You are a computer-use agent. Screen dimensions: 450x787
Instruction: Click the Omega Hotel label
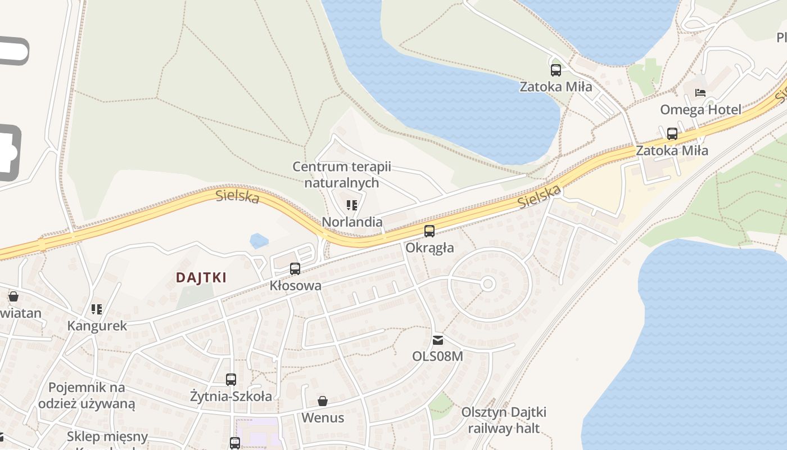pyautogui.click(x=700, y=109)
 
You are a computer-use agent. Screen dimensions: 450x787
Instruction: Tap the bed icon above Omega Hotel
pyautogui.click(x=700, y=92)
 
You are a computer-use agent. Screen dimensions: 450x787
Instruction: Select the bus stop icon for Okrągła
pyautogui.click(x=429, y=231)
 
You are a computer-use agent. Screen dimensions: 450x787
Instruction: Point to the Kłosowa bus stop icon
pyautogui.click(x=295, y=269)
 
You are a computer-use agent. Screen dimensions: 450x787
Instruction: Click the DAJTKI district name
pyautogui.click(x=201, y=277)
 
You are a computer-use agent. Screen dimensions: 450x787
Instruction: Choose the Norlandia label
pyautogui.click(x=352, y=222)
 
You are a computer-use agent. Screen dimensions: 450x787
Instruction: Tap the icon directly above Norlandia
pyautogui.click(x=352, y=205)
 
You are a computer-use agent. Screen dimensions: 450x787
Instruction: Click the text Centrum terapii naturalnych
pyautogui.click(x=341, y=174)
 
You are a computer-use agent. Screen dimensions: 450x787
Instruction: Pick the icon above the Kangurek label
pyautogui.click(x=97, y=309)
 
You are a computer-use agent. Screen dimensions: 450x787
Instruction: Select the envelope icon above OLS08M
pyautogui.click(x=437, y=340)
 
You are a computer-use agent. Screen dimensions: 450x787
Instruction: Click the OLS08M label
pyautogui.click(x=437, y=356)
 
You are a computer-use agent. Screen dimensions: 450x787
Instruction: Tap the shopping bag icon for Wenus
pyautogui.click(x=323, y=401)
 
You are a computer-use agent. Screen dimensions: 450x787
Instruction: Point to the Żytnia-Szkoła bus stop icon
pyautogui.click(x=231, y=380)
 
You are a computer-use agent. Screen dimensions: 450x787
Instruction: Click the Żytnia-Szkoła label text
pyautogui.click(x=231, y=396)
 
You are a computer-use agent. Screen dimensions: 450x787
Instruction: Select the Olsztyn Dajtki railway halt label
pyautogui.click(x=504, y=420)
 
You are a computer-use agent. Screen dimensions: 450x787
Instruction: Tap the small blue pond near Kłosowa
pyautogui.click(x=259, y=241)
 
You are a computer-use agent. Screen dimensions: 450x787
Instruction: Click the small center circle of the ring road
pyautogui.click(x=488, y=284)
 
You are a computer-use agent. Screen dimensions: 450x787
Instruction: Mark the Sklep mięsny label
pyautogui.click(x=107, y=436)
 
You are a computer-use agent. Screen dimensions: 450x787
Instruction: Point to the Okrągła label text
pyautogui.click(x=429, y=247)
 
